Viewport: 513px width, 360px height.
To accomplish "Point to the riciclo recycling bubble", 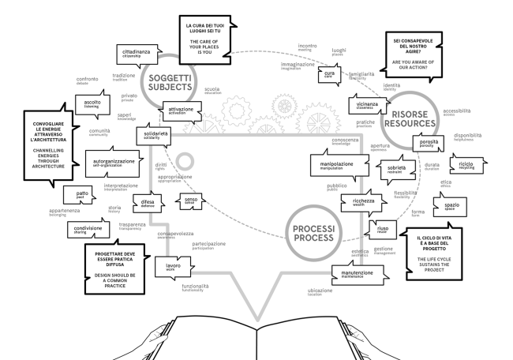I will coord(460,167).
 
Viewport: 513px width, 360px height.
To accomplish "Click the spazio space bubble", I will coord(452,206).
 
